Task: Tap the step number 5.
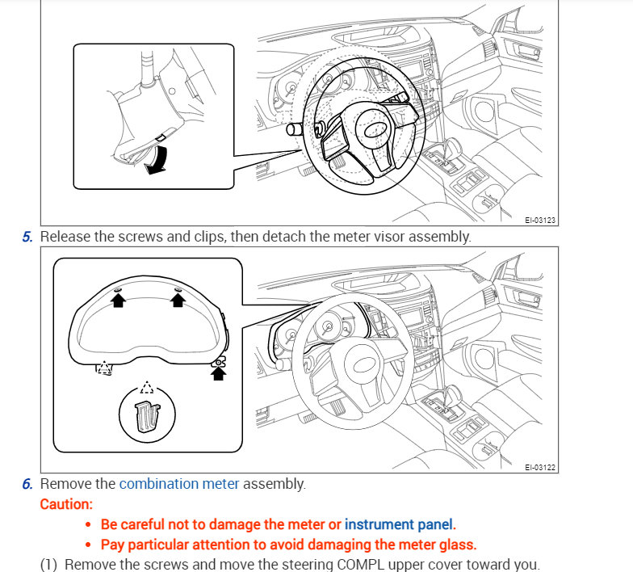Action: click(x=27, y=237)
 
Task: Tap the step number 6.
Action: click(x=27, y=484)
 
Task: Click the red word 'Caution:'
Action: click(x=66, y=503)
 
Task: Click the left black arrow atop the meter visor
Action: click(x=118, y=300)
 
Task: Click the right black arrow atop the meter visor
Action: click(x=178, y=300)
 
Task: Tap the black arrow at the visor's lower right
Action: click(x=218, y=372)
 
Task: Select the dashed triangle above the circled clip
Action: click(x=145, y=387)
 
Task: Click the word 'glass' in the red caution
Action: click(x=457, y=544)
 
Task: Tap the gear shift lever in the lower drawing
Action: click(x=449, y=394)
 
